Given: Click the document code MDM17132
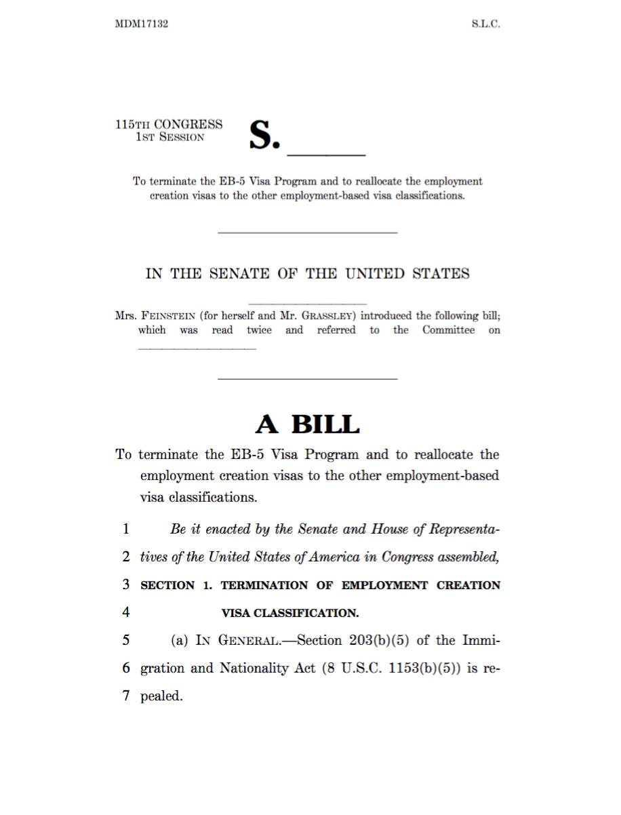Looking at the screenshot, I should pos(142,24).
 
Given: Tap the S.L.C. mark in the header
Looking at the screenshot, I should pos(485,24).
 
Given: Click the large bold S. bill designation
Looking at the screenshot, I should pos(264,135).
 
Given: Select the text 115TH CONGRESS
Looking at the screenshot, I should pos(169,124).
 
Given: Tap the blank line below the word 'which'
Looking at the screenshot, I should pos(197,349).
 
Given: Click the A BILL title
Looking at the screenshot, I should pos(307,424).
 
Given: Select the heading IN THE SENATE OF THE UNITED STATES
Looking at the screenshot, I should pos(307,274).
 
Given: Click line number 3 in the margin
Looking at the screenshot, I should pos(126,584).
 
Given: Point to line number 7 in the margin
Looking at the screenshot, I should pos(126,696).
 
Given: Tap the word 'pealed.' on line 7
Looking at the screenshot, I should pos(161,696).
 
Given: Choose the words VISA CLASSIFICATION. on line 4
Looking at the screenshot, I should pos(290,613).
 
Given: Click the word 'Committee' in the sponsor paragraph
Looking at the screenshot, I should pos(448,330).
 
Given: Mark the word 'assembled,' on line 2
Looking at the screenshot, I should pos(468,557).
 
